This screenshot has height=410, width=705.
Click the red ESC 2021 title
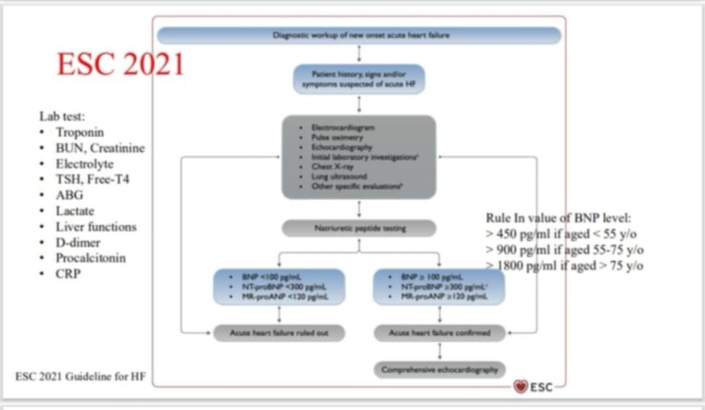coord(120,64)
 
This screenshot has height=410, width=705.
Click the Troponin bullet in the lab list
coord(80,132)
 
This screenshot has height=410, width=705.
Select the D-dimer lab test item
coord(78,243)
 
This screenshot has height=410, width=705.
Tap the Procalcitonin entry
coord(91,258)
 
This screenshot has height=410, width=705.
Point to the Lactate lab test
coord(75,212)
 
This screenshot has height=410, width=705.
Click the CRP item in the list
coord(68,274)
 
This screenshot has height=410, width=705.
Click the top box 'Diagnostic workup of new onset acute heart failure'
coord(359,35)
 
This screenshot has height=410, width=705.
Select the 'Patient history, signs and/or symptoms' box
coord(359,79)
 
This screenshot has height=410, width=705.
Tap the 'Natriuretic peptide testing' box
coord(359,228)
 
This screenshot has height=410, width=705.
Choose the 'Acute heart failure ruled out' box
coord(278,333)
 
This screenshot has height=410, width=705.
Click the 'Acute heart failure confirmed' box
coord(439,333)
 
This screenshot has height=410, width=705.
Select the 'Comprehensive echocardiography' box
coord(439,369)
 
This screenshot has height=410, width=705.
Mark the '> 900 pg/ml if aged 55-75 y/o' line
coord(565,249)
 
